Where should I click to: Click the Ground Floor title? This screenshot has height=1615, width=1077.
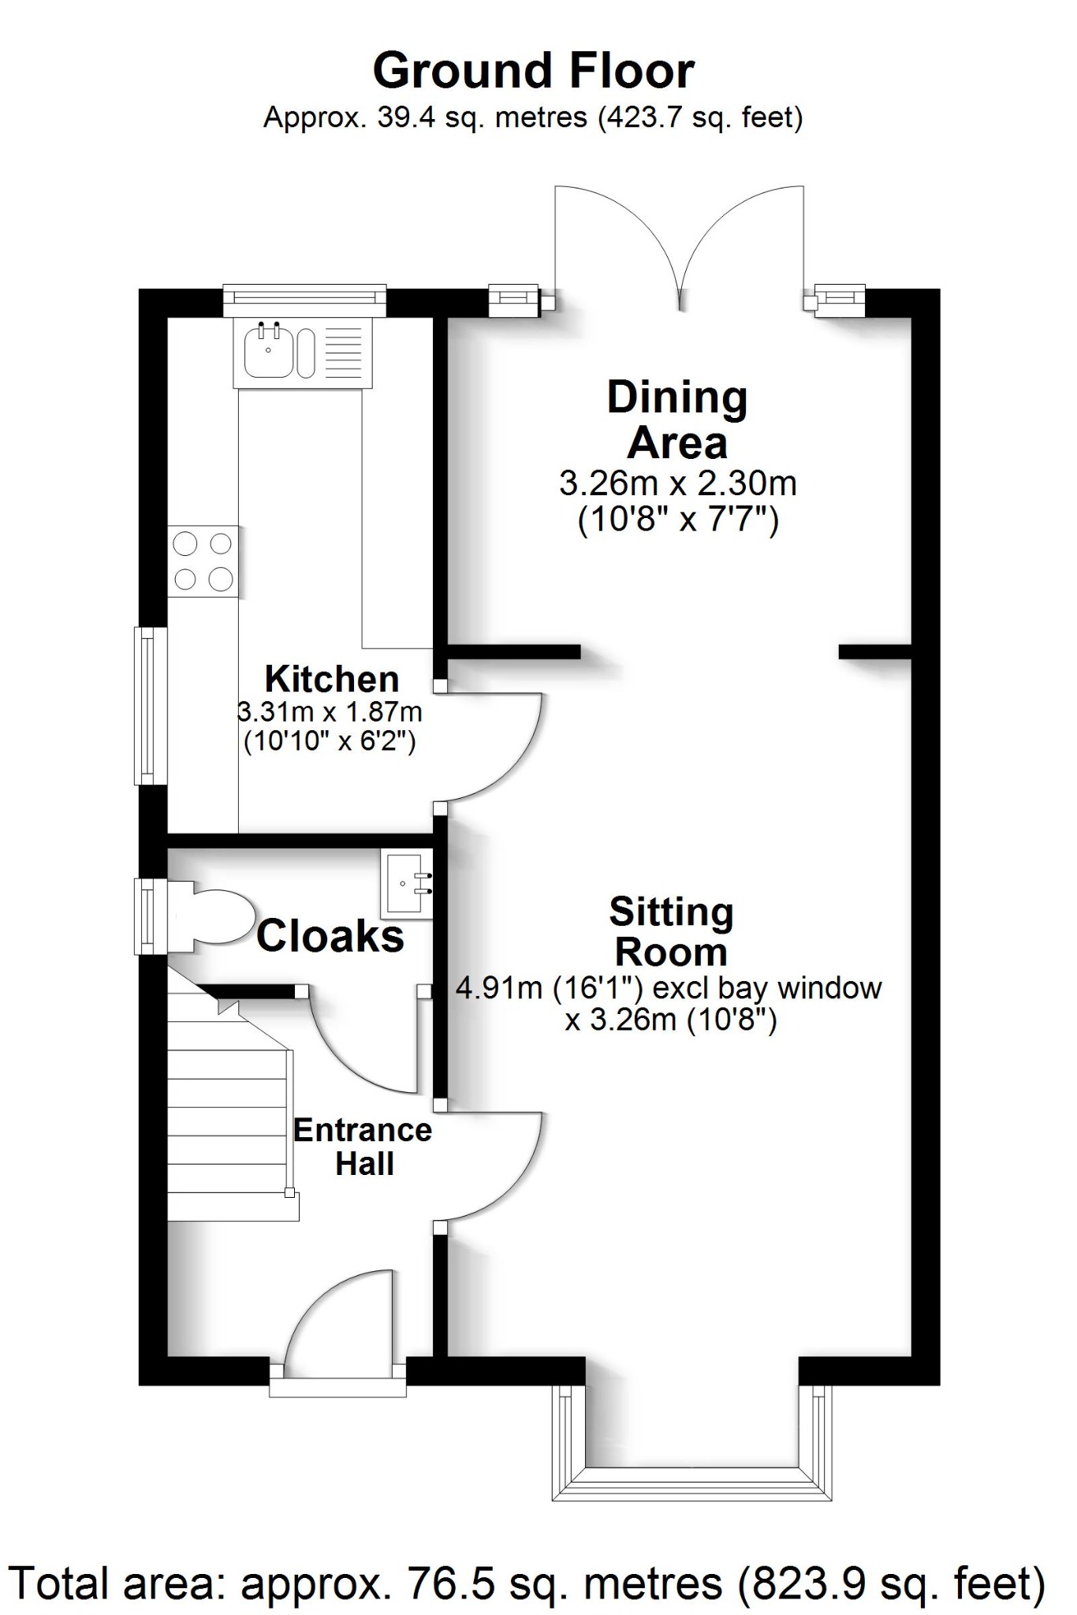[x=533, y=71]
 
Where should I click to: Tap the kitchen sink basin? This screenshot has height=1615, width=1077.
[x=268, y=352]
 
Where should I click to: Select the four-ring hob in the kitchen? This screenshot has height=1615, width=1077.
[x=203, y=561]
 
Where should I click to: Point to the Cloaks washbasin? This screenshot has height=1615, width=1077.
[x=407, y=884]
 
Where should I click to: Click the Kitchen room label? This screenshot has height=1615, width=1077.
[x=332, y=679]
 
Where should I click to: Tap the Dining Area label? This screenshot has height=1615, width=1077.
[x=677, y=420]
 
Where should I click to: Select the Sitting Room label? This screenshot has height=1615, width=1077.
[x=671, y=932]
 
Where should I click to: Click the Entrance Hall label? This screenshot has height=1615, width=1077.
[x=363, y=1147]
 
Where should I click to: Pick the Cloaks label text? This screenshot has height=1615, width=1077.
[x=330, y=937]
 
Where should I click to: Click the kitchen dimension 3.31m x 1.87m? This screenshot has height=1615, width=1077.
[x=330, y=712]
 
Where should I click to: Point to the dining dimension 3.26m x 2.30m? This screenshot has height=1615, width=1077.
[x=677, y=483]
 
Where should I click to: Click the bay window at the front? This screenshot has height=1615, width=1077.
[x=691, y=1483]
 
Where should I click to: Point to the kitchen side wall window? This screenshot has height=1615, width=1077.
[x=149, y=705]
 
